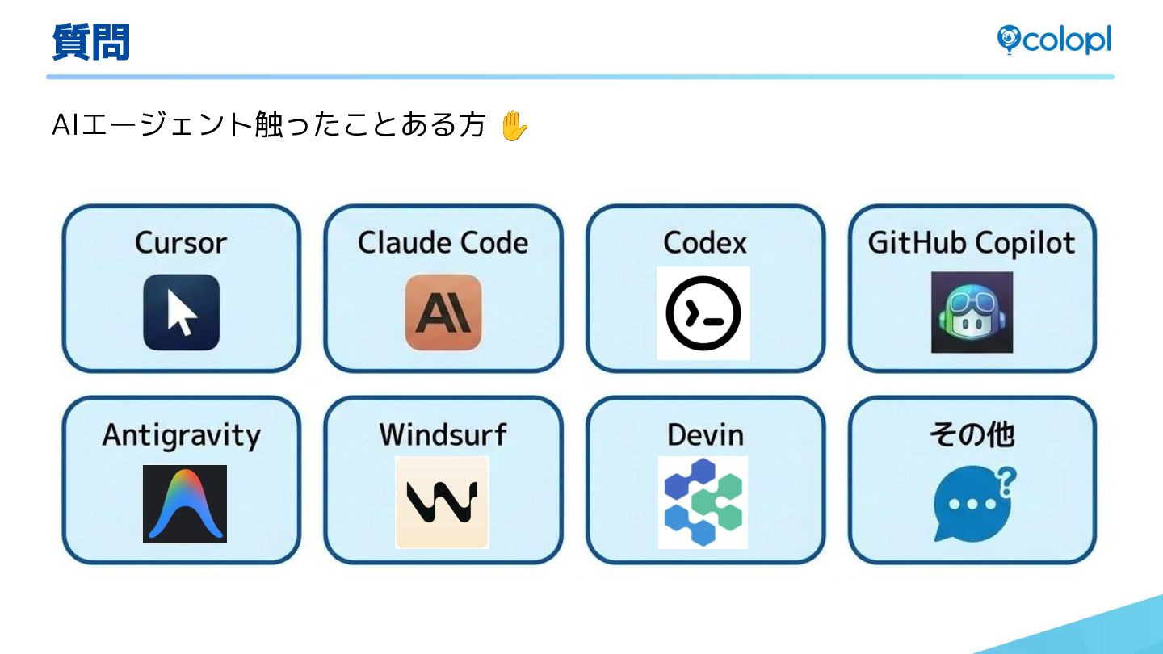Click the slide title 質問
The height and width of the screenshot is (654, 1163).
click(x=90, y=42)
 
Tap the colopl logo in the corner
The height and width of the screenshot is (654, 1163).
click(x=1054, y=40)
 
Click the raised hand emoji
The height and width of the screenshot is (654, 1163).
click(x=514, y=127)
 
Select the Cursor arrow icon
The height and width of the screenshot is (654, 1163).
click(x=182, y=312)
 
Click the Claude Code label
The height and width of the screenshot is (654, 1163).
click(x=443, y=242)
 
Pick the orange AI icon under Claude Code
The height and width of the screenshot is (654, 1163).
click(x=443, y=312)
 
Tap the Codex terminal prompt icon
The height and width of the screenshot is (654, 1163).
click(x=703, y=313)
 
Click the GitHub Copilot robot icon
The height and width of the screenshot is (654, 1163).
click(x=972, y=312)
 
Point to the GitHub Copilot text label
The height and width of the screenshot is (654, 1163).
click(x=972, y=242)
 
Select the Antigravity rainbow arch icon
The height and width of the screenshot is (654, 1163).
click(x=185, y=503)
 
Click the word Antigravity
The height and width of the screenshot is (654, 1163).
click(x=182, y=435)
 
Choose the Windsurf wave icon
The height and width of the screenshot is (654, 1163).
click(x=442, y=502)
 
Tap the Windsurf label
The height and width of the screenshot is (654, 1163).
click(x=443, y=434)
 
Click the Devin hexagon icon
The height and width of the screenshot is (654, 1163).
click(x=703, y=502)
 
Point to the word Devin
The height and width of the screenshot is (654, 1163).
click(x=705, y=435)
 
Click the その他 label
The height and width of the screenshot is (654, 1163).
click(x=972, y=434)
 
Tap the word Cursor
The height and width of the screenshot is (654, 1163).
click(x=181, y=242)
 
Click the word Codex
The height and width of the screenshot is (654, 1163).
click(x=705, y=242)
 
